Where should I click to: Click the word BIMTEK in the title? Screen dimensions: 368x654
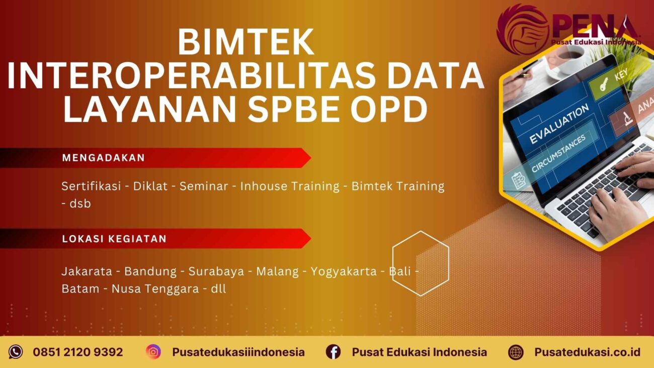pyautogui.click(x=246, y=42)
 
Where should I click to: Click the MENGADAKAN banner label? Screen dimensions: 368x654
pyautogui.click(x=104, y=158)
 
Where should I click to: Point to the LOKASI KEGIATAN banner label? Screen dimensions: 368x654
pyautogui.click(x=114, y=239)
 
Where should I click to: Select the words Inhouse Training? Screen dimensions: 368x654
pyautogui.click(x=290, y=186)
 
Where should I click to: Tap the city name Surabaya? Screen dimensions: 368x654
pyautogui.click(x=216, y=272)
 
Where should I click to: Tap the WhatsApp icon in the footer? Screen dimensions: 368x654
pyautogui.click(x=16, y=352)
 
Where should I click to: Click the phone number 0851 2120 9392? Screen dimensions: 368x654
pyautogui.click(x=78, y=352)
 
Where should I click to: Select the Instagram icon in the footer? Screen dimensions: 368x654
pyautogui.click(x=153, y=352)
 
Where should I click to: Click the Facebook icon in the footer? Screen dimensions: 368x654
pyautogui.click(x=333, y=352)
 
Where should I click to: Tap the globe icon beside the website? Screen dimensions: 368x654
pyautogui.click(x=516, y=352)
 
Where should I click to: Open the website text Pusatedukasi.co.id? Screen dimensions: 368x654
pyautogui.click(x=587, y=352)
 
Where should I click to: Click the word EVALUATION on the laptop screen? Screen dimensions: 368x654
pyautogui.click(x=558, y=123)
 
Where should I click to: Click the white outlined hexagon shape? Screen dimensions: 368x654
pyautogui.click(x=420, y=263)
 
